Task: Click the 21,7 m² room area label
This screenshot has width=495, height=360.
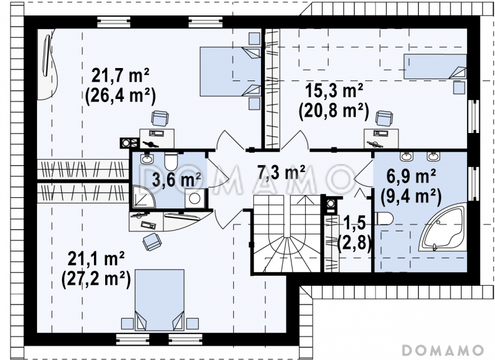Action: [120, 75]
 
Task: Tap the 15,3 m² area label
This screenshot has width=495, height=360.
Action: [334, 90]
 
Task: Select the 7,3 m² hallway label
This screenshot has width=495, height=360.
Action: [282, 173]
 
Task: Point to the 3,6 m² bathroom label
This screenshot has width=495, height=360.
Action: [176, 179]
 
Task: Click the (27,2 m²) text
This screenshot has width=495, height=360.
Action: [97, 280]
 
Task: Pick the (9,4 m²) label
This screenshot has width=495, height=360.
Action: [411, 196]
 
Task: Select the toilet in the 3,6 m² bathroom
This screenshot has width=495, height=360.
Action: [171, 161]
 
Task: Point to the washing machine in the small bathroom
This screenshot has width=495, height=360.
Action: [194, 199]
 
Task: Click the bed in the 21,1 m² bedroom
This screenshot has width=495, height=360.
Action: [160, 300]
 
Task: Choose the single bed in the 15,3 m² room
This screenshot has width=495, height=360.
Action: [435, 66]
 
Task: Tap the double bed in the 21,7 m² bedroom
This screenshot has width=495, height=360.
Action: [230, 72]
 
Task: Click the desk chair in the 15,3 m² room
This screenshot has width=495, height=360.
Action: [384, 118]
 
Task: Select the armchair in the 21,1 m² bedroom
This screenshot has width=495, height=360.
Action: [152, 242]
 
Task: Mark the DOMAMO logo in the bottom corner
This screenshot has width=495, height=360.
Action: [443, 350]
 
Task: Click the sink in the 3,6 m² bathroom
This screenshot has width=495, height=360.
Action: [147, 158]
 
